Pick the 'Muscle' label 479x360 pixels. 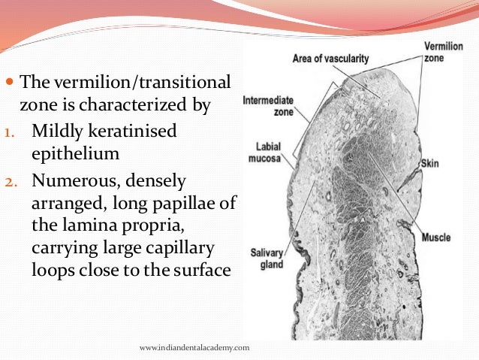tap(435, 237)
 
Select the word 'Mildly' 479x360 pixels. tap(56, 132)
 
